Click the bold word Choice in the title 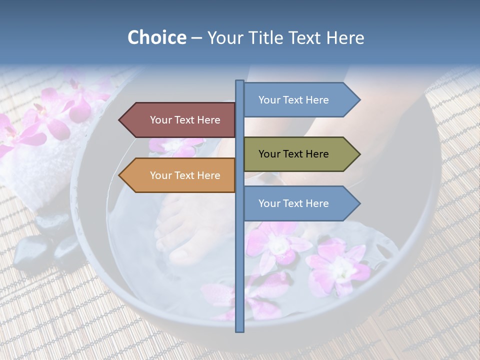(x=156, y=38)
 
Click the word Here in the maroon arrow (x=208, y=120)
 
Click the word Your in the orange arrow (x=160, y=175)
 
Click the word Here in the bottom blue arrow (x=316, y=203)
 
